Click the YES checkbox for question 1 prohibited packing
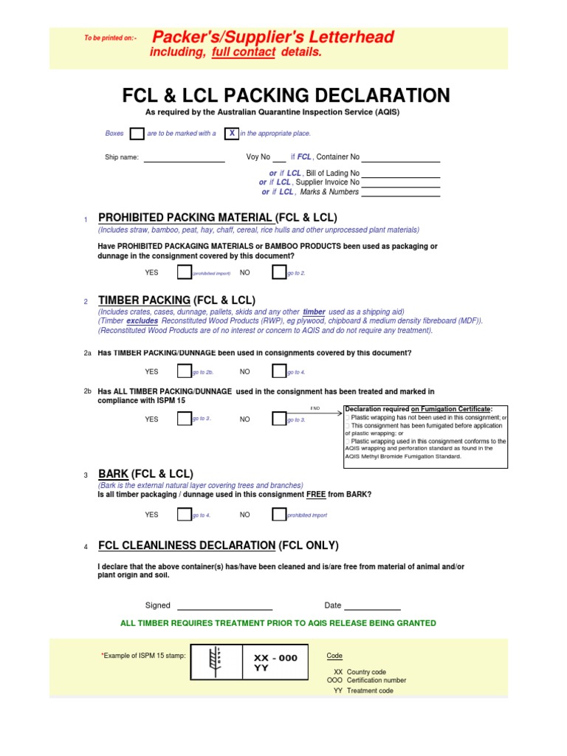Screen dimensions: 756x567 pyautogui.click(x=185, y=272)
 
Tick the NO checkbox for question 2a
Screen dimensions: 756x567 pyautogui.click(x=279, y=371)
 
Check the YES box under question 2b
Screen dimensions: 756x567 pyautogui.click(x=185, y=419)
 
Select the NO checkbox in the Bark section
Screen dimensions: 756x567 pyautogui.click(x=279, y=515)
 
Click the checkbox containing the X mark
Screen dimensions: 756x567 pyautogui.click(x=232, y=134)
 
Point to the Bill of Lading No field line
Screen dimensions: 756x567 pyautogui.click(x=401, y=176)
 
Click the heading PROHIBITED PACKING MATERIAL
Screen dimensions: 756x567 pyautogui.click(x=185, y=218)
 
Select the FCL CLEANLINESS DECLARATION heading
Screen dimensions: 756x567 pyautogui.click(x=187, y=546)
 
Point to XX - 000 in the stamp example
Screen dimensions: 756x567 pyautogui.click(x=275, y=658)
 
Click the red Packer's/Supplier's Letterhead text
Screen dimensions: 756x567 pyautogui.click(x=272, y=38)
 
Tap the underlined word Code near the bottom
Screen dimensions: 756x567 pyautogui.click(x=334, y=656)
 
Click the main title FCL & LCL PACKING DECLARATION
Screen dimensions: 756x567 pyautogui.click(x=285, y=96)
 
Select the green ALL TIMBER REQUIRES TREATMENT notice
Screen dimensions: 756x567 pyautogui.click(x=278, y=623)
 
